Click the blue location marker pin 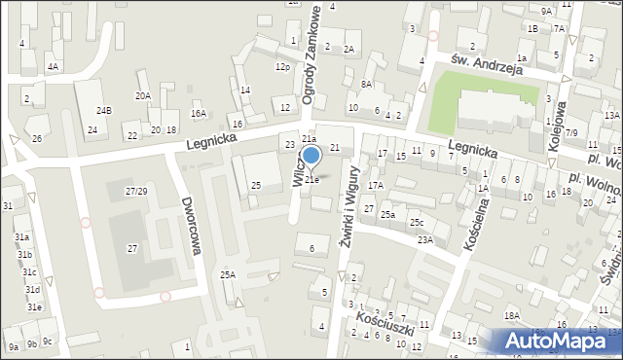click(x=311, y=157)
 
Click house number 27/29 click(x=136, y=191)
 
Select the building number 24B click(x=103, y=111)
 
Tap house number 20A click(x=143, y=95)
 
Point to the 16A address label click(x=199, y=114)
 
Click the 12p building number click(x=282, y=67)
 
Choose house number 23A click(x=425, y=239)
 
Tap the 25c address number click(x=416, y=224)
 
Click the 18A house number click(x=512, y=316)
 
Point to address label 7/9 click(x=571, y=132)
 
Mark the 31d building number click(x=31, y=290)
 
